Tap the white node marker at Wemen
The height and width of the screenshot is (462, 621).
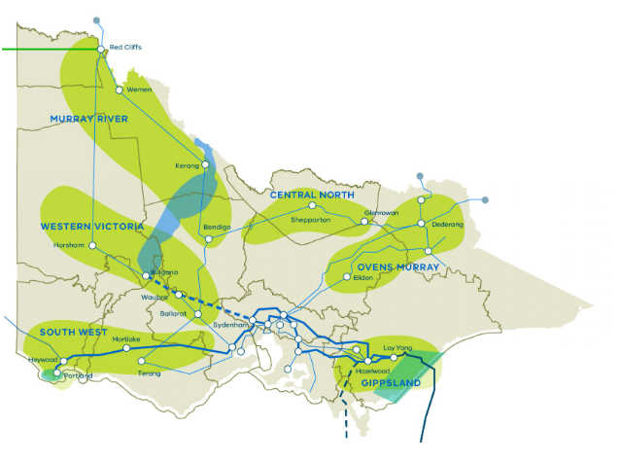(x=120, y=89)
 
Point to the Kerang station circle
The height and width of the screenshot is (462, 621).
(x=206, y=165)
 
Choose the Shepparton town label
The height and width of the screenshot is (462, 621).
(x=311, y=220)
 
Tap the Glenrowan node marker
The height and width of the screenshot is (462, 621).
(x=365, y=222)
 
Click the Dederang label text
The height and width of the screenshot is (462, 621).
(x=448, y=225)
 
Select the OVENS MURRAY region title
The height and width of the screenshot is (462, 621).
(x=397, y=267)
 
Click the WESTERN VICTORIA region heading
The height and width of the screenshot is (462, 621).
(x=92, y=227)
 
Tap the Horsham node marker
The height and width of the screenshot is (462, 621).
(x=93, y=245)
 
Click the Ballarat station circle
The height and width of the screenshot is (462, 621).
(x=197, y=314)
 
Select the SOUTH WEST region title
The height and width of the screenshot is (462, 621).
(x=73, y=333)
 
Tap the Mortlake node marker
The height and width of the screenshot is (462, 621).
(x=125, y=347)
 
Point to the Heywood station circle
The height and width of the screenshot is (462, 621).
(x=64, y=361)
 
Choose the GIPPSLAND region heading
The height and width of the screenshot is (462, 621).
(x=391, y=383)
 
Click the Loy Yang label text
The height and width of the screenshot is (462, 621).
(x=398, y=347)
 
